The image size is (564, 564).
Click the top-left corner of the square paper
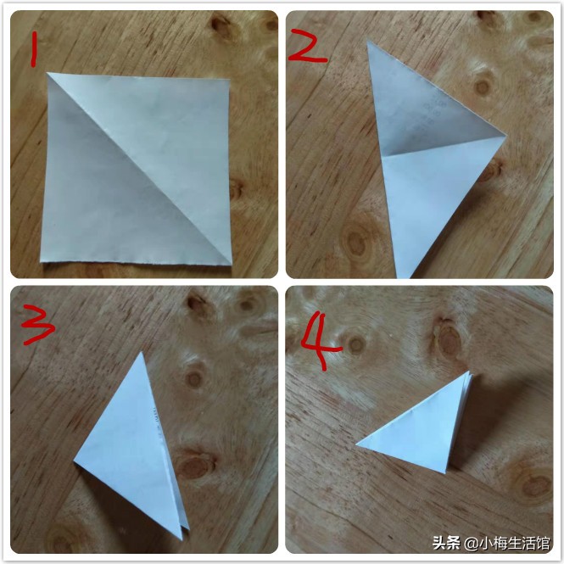pos(49,74)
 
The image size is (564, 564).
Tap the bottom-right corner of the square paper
pos(231,263)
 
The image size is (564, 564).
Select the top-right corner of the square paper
pos(227,82)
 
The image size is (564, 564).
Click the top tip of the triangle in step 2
pos(369,42)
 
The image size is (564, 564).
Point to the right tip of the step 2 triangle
pos(505,136)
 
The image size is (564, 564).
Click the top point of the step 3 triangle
pos(141,353)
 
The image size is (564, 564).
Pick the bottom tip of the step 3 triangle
pos(182,539)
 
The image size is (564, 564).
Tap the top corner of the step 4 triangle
pos(468,372)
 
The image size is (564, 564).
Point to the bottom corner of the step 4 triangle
pos(446,471)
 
